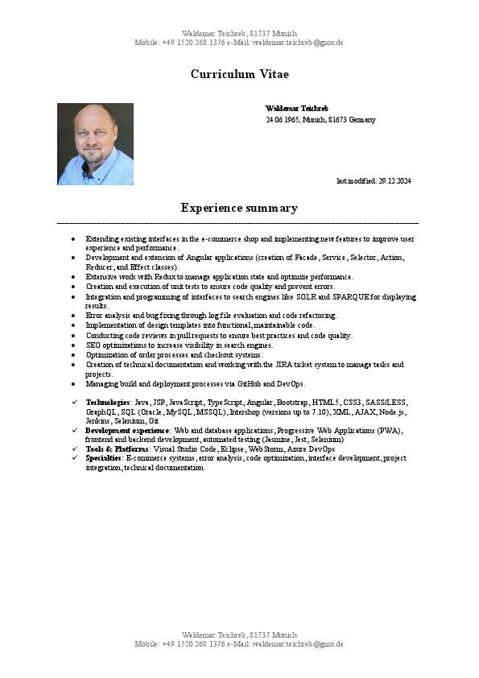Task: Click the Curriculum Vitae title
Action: tap(239, 74)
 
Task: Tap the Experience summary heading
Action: tap(239, 208)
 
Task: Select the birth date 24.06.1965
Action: tap(282, 120)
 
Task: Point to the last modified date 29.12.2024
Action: tap(394, 180)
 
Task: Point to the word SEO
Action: tap(93, 345)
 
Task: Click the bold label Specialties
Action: tap(103, 457)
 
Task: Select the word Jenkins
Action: tap(98, 420)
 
